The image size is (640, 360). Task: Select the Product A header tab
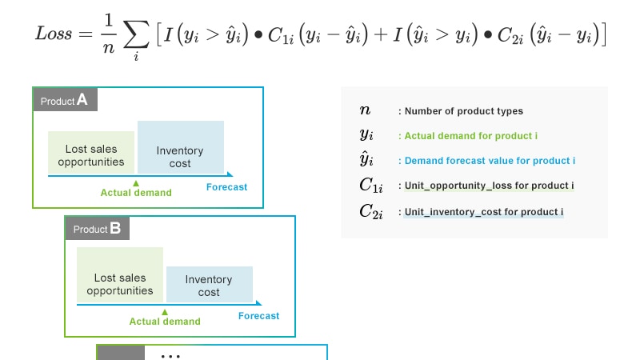click(65, 100)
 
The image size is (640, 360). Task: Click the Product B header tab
click(97, 229)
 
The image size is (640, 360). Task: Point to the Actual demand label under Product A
click(135, 193)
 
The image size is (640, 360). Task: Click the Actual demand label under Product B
click(165, 322)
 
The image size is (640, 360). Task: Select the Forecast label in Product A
click(226, 187)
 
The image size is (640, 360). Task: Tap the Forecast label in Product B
click(258, 316)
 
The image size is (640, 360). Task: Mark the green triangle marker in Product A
click(135, 183)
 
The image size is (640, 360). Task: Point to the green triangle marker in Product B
click(164, 312)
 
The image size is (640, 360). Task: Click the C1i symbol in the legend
click(371, 186)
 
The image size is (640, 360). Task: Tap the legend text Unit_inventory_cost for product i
click(483, 212)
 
